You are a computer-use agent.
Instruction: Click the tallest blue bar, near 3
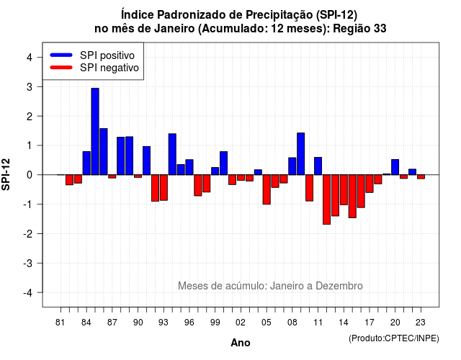point(95,131)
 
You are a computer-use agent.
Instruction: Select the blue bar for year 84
point(86,163)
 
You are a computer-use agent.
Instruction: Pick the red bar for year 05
point(267,189)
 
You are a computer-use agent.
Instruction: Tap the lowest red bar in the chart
point(326,199)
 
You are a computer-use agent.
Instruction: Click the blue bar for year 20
point(395,167)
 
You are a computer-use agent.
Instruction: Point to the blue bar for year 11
point(318,166)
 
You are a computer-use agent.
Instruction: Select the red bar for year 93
point(164,187)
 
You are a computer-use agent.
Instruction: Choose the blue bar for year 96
point(189,167)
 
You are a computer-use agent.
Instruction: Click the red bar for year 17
point(370,184)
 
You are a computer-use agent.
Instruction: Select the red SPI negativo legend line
point(61,68)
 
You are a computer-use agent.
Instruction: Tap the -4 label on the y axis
point(28,292)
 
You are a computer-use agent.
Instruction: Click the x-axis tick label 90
point(138,323)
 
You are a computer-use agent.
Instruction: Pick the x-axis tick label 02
point(240,323)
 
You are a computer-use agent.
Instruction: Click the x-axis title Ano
point(241,343)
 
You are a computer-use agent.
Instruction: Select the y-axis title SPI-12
point(6,174)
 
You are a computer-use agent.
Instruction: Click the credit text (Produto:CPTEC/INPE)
point(394,338)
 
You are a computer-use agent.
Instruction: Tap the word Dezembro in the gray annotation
point(339,286)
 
